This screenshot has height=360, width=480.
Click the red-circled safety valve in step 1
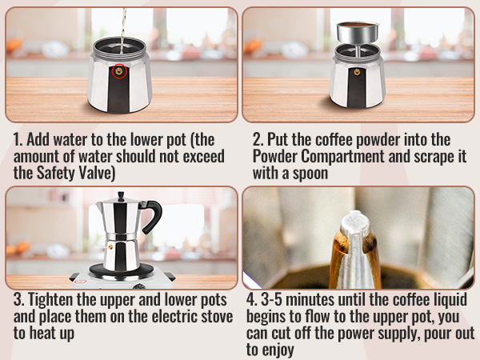point(120,71)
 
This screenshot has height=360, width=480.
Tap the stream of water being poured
point(122,24)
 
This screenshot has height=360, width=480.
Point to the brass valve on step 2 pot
point(358,72)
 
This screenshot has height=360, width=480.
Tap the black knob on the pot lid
point(121,195)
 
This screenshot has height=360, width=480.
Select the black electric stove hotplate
point(121,273)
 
